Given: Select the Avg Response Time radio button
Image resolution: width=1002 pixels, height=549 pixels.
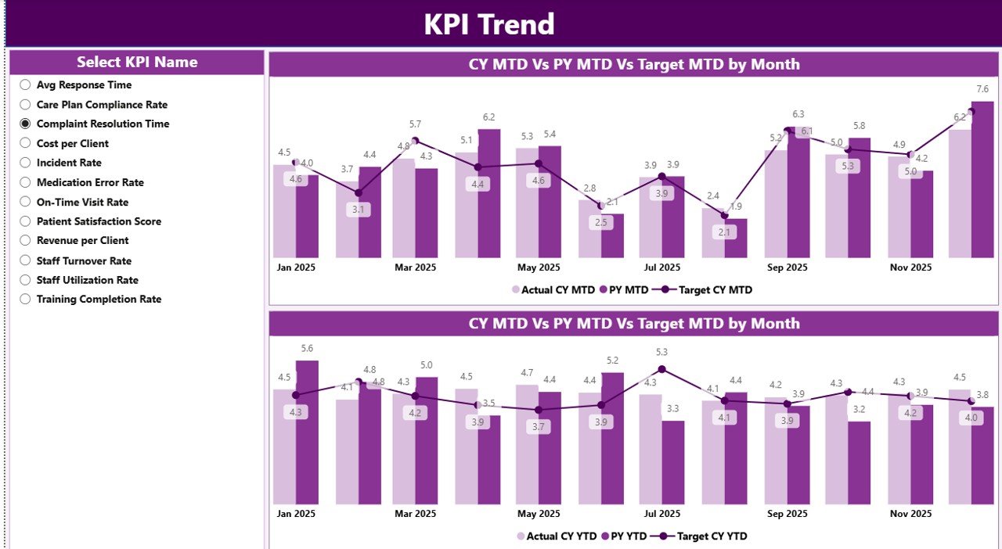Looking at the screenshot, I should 25,85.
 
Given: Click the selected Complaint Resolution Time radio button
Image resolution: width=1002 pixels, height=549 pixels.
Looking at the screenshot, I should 25,124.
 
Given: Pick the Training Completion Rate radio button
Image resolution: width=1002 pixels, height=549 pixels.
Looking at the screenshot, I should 25,299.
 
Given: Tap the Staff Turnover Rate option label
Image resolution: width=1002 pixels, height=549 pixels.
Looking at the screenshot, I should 84,260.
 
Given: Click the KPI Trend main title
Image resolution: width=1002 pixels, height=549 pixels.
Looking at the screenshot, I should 489,24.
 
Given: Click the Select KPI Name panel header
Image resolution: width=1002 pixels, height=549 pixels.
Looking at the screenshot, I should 137,63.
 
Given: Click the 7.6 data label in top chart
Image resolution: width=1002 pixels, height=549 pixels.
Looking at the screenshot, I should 982,89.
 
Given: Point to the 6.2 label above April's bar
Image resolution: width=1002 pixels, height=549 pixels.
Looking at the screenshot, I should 488,117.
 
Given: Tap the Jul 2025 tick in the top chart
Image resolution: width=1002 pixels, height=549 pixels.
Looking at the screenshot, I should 661,267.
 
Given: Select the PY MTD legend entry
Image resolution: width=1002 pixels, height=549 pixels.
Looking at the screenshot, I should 624,290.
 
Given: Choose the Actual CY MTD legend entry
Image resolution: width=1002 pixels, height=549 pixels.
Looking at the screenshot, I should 553,290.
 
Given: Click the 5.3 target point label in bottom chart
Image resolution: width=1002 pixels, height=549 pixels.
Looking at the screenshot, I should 661,353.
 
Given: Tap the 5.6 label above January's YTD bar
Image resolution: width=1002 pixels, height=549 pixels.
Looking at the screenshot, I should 307,349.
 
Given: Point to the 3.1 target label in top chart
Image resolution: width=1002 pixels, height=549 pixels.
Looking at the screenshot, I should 359,210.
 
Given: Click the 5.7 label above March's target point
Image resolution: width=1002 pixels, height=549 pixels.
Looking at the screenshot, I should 415,124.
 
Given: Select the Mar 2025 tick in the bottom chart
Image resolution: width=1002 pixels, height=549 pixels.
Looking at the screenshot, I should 415,514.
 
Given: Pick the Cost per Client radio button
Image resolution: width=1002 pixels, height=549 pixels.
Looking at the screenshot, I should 25,143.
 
